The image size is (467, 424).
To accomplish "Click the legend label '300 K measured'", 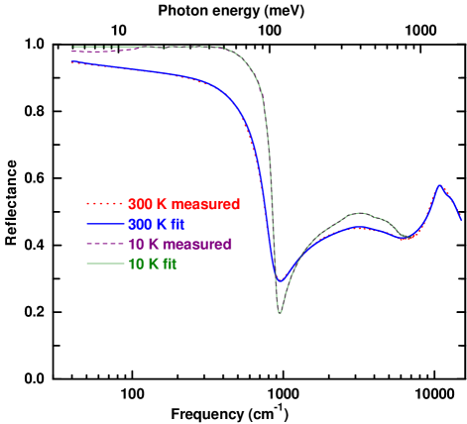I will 183,204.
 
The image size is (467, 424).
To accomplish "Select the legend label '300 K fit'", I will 156,224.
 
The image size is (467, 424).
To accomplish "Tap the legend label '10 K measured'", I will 179,244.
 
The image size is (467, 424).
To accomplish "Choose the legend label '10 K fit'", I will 152,264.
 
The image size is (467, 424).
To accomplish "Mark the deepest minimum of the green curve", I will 280,313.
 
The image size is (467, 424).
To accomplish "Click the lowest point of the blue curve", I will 280,282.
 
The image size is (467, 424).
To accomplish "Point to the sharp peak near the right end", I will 439,185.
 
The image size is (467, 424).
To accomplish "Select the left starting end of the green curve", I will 72,47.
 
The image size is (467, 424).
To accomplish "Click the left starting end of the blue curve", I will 72,62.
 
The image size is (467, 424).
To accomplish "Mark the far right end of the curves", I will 461,218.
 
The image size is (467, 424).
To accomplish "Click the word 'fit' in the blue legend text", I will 175,224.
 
